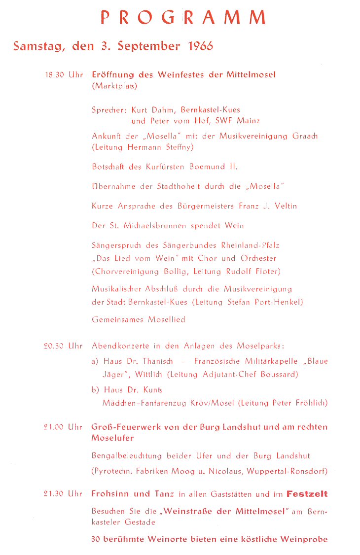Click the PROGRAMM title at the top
point(183,17)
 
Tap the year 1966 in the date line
point(201,46)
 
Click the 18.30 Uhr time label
point(64,75)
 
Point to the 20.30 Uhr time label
point(63,346)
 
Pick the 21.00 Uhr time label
point(63,427)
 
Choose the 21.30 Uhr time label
point(63,493)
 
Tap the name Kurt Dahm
point(153,109)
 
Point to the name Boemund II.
point(214,167)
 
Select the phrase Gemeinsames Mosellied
point(139,319)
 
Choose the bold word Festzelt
point(307,493)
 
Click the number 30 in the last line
point(96,539)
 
